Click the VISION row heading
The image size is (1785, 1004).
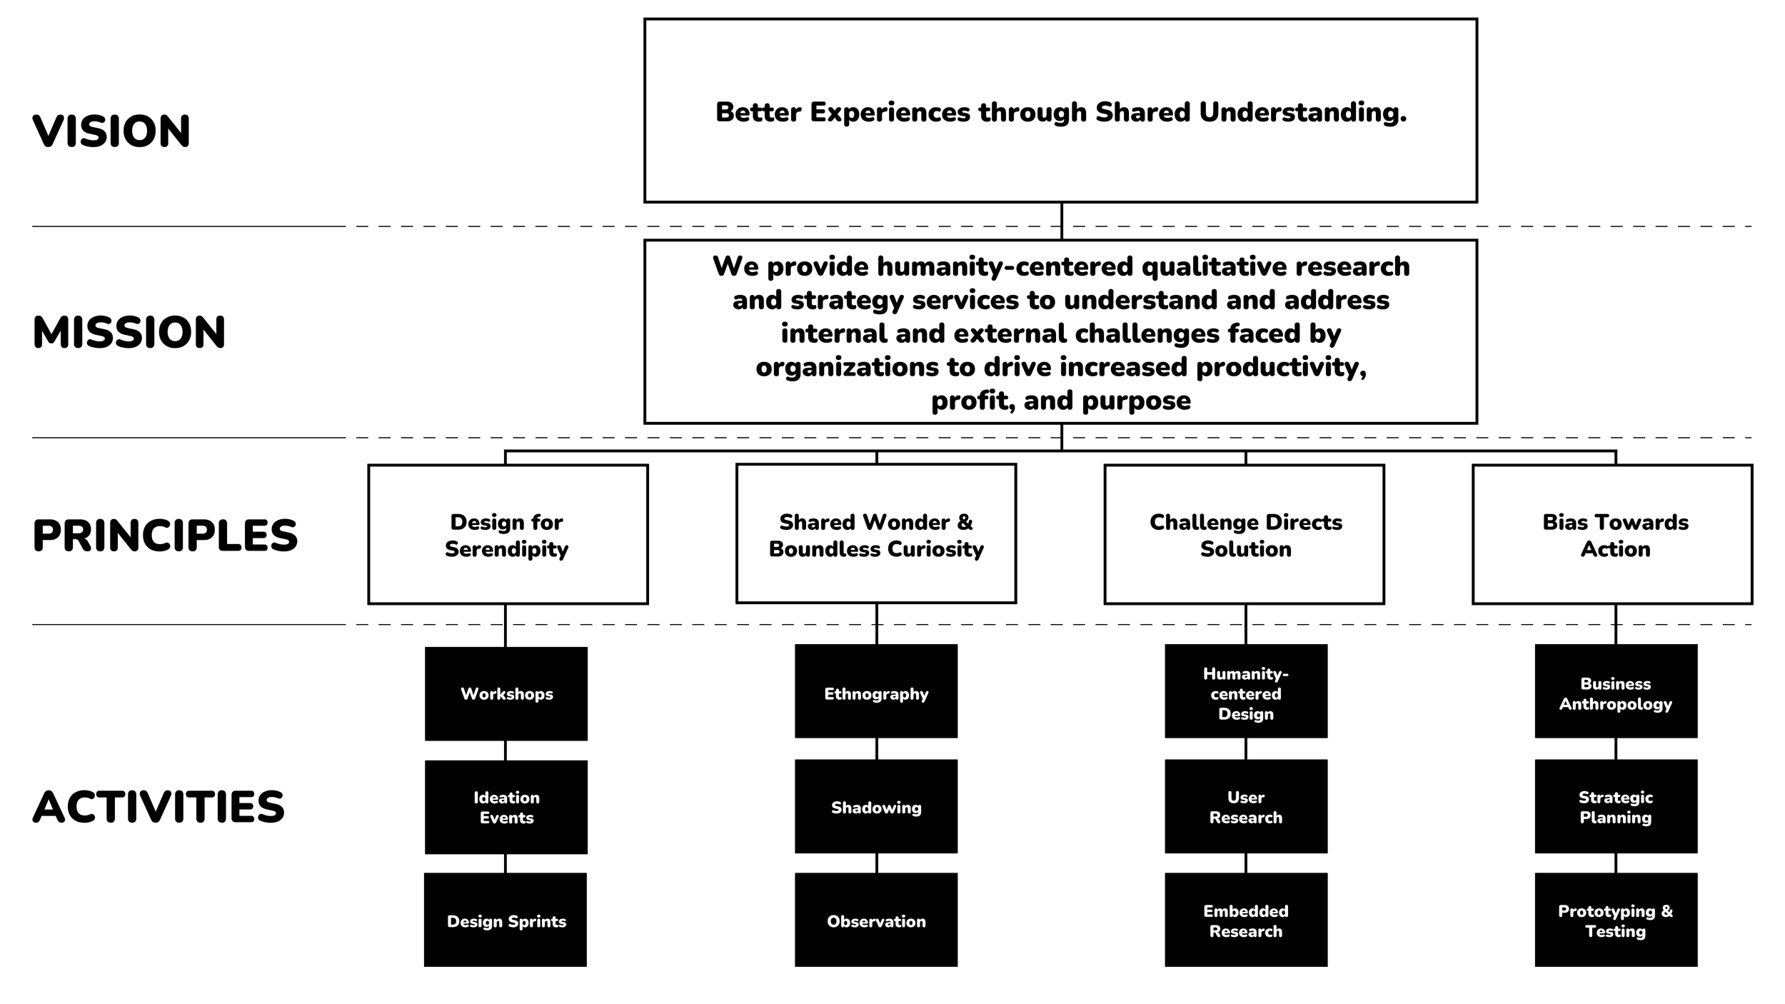tap(111, 131)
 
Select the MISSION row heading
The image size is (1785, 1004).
tap(129, 333)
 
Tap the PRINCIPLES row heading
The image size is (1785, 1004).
tap(165, 536)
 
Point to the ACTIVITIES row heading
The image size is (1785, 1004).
tap(159, 807)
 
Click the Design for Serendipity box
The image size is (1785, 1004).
tap(508, 535)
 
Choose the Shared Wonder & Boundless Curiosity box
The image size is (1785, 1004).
tap(876, 534)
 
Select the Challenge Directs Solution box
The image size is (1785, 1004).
tap(1245, 535)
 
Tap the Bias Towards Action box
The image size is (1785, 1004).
tap(1613, 535)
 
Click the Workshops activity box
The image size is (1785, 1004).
tap(506, 694)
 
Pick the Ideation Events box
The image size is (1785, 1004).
tap(506, 808)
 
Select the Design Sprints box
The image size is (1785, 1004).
tap(506, 920)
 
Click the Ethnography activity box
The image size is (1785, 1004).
tap(876, 691)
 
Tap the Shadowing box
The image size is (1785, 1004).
tap(876, 807)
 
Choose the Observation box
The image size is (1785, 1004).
tap(876, 920)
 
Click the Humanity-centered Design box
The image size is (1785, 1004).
tap(1246, 691)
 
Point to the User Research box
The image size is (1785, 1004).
tap(1246, 807)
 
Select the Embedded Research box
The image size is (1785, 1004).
tap(1246, 920)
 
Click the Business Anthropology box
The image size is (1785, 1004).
tap(1616, 691)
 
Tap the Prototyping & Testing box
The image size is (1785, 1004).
tap(1616, 920)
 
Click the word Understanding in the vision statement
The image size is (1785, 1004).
tap(1303, 114)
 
